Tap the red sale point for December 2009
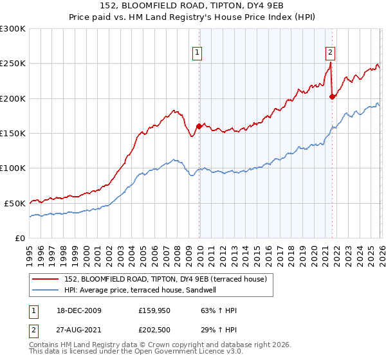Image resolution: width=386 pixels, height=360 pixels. (199, 127)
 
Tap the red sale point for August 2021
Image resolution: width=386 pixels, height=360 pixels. (332, 97)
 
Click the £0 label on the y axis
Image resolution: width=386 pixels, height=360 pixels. (20, 238)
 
